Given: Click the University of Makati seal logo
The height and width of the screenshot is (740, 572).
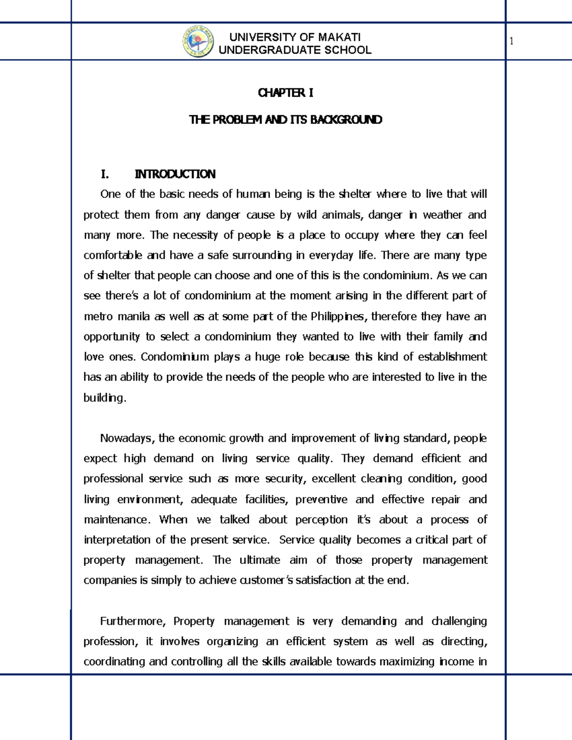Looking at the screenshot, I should (198, 42).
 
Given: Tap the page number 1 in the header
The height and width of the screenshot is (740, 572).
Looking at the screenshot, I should (511, 41).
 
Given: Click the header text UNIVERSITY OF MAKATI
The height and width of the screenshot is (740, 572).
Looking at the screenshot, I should (295, 37).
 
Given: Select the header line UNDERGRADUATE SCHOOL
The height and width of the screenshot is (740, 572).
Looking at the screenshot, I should (295, 50).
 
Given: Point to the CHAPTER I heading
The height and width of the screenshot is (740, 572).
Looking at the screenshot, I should (286, 93).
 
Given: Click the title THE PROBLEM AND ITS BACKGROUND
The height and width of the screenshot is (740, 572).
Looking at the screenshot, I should (286, 120).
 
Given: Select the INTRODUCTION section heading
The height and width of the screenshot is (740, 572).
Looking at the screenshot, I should (175, 174).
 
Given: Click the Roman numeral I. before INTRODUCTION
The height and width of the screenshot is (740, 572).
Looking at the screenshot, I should (105, 174).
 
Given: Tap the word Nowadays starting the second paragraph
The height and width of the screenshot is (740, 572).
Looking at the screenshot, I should (126, 438).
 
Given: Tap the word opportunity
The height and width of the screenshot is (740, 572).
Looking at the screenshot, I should (112, 337).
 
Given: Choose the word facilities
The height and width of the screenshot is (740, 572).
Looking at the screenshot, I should (266, 499).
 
